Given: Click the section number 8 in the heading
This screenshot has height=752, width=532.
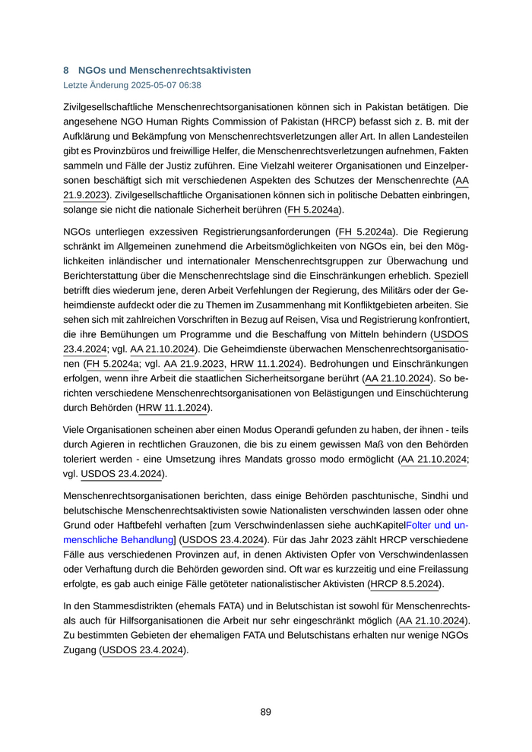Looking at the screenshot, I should point(66,70).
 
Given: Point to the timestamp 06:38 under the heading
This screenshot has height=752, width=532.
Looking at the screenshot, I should point(190,86).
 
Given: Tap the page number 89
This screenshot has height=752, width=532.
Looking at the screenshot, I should point(265,712).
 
